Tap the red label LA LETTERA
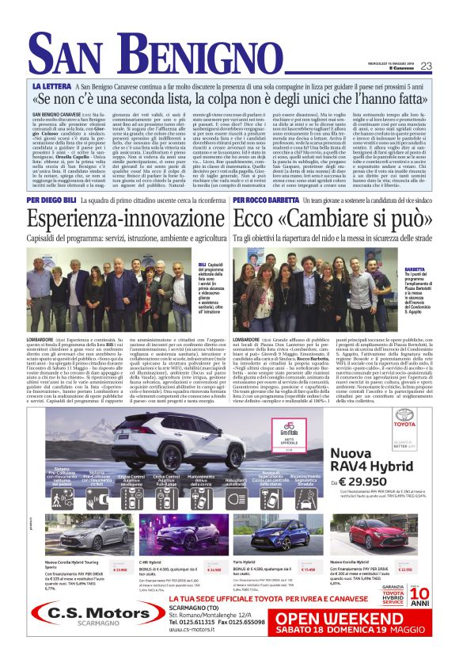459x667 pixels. point(53,84)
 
